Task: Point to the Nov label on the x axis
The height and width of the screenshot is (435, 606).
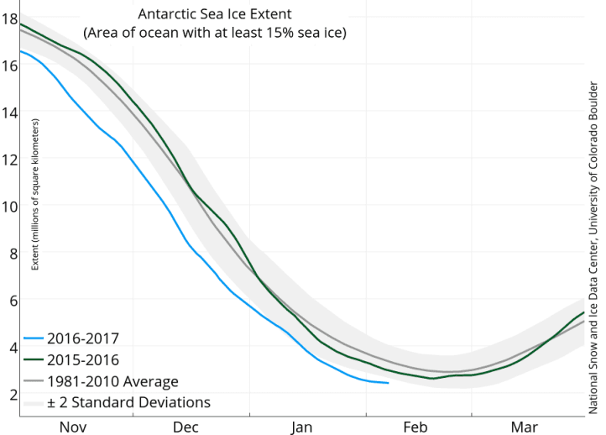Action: coord(73,427)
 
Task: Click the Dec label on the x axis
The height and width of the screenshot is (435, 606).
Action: coord(185,427)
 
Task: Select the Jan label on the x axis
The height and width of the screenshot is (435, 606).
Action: coord(303,427)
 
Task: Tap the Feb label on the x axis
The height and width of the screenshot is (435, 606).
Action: coord(415,427)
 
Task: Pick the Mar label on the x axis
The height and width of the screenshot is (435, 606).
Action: coord(525,427)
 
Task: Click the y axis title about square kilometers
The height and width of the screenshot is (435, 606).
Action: coord(35,194)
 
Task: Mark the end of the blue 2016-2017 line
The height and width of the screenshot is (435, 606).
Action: coord(388,383)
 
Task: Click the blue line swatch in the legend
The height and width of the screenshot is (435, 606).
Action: coord(33,339)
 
